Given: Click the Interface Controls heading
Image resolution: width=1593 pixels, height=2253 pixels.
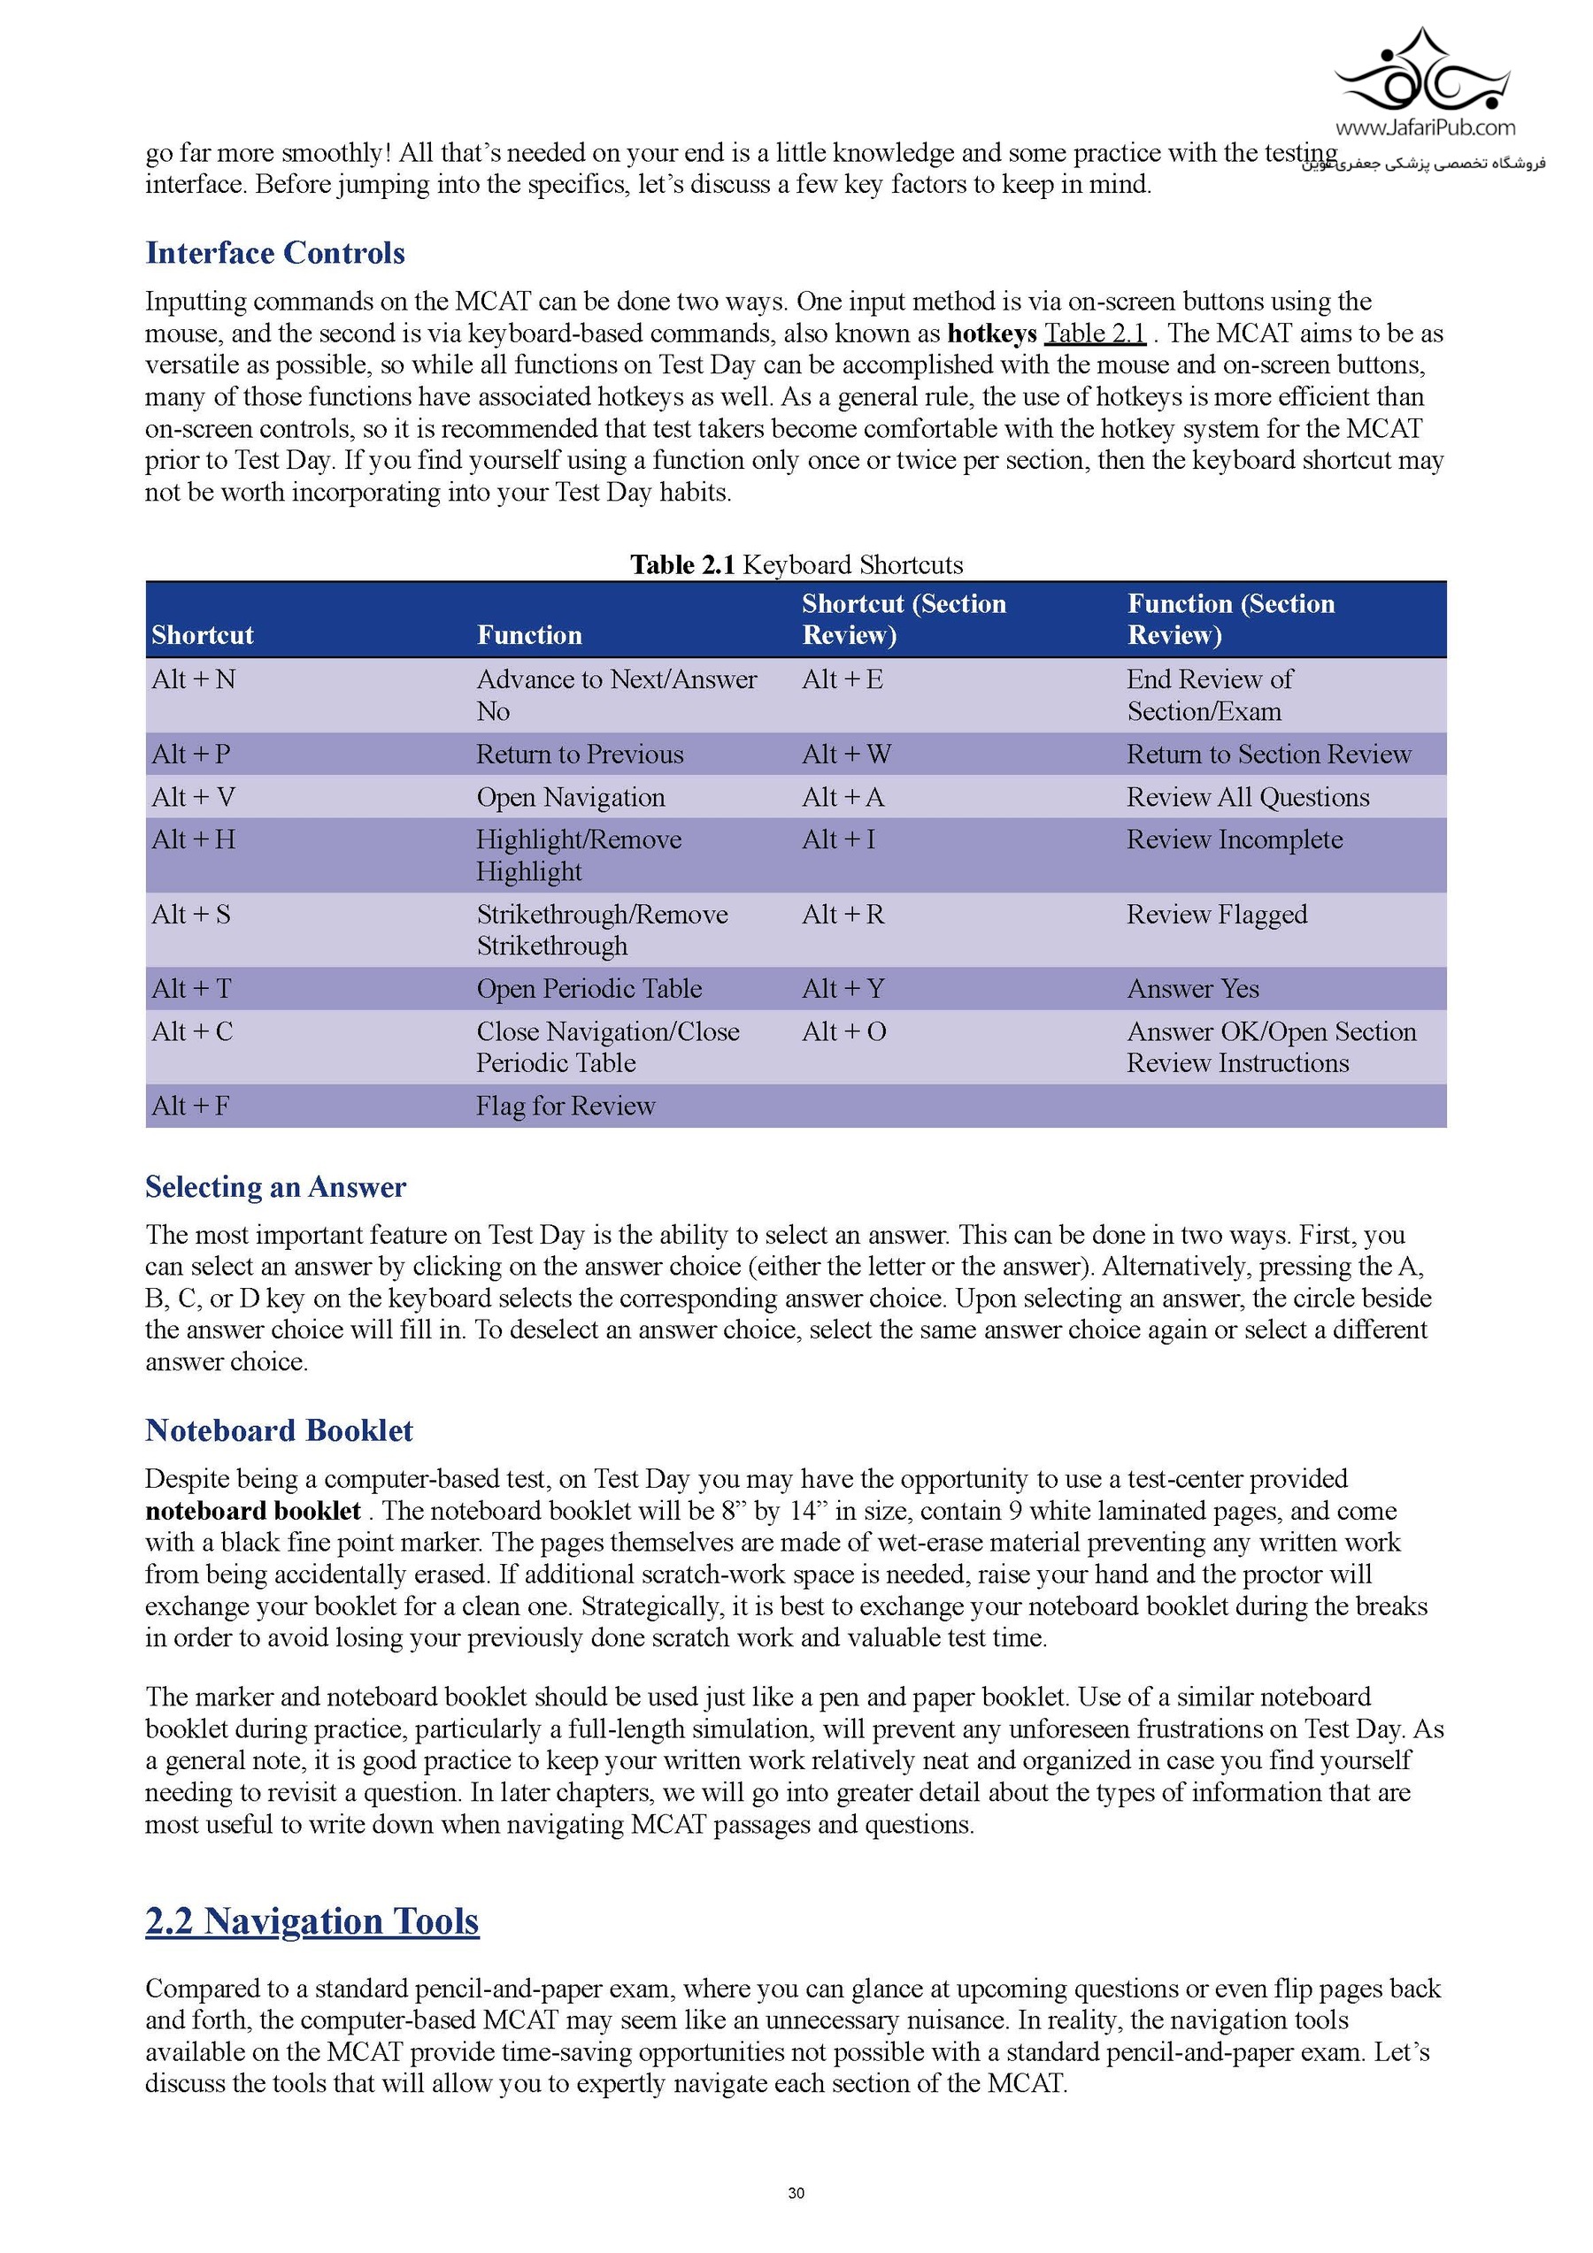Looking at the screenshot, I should (x=275, y=253).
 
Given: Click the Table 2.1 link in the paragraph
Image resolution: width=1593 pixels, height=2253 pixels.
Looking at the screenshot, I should (x=1095, y=333).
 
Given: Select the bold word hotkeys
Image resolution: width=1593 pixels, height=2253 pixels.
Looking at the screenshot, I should (x=991, y=333).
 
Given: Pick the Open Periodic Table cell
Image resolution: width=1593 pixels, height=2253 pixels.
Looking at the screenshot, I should (x=589, y=988).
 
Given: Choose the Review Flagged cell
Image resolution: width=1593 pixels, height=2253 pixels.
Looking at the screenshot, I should (x=1216, y=915).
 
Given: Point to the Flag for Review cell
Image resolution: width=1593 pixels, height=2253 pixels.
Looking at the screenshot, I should (x=566, y=1106).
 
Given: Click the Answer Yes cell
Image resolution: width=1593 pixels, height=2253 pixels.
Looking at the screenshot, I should (x=1193, y=988).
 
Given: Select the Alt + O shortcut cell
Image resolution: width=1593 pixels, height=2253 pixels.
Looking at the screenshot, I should (x=843, y=1031).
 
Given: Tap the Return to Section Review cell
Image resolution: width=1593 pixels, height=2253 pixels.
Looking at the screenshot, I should (x=1268, y=754).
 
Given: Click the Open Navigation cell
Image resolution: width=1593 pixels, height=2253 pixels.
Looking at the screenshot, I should (x=570, y=797).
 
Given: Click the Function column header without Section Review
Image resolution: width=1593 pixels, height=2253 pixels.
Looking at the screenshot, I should (x=529, y=635).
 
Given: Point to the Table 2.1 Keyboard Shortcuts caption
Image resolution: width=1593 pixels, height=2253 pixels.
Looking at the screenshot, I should (x=796, y=564).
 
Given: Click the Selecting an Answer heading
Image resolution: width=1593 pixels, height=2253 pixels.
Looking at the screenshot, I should (x=275, y=1187).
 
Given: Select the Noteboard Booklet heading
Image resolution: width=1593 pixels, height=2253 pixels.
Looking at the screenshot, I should (x=279, y=1429).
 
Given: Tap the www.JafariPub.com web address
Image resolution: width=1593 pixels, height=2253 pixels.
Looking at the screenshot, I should (x=1424, y=127).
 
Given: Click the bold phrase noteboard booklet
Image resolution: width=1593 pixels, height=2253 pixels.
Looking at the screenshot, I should (x=252, y=1510).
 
